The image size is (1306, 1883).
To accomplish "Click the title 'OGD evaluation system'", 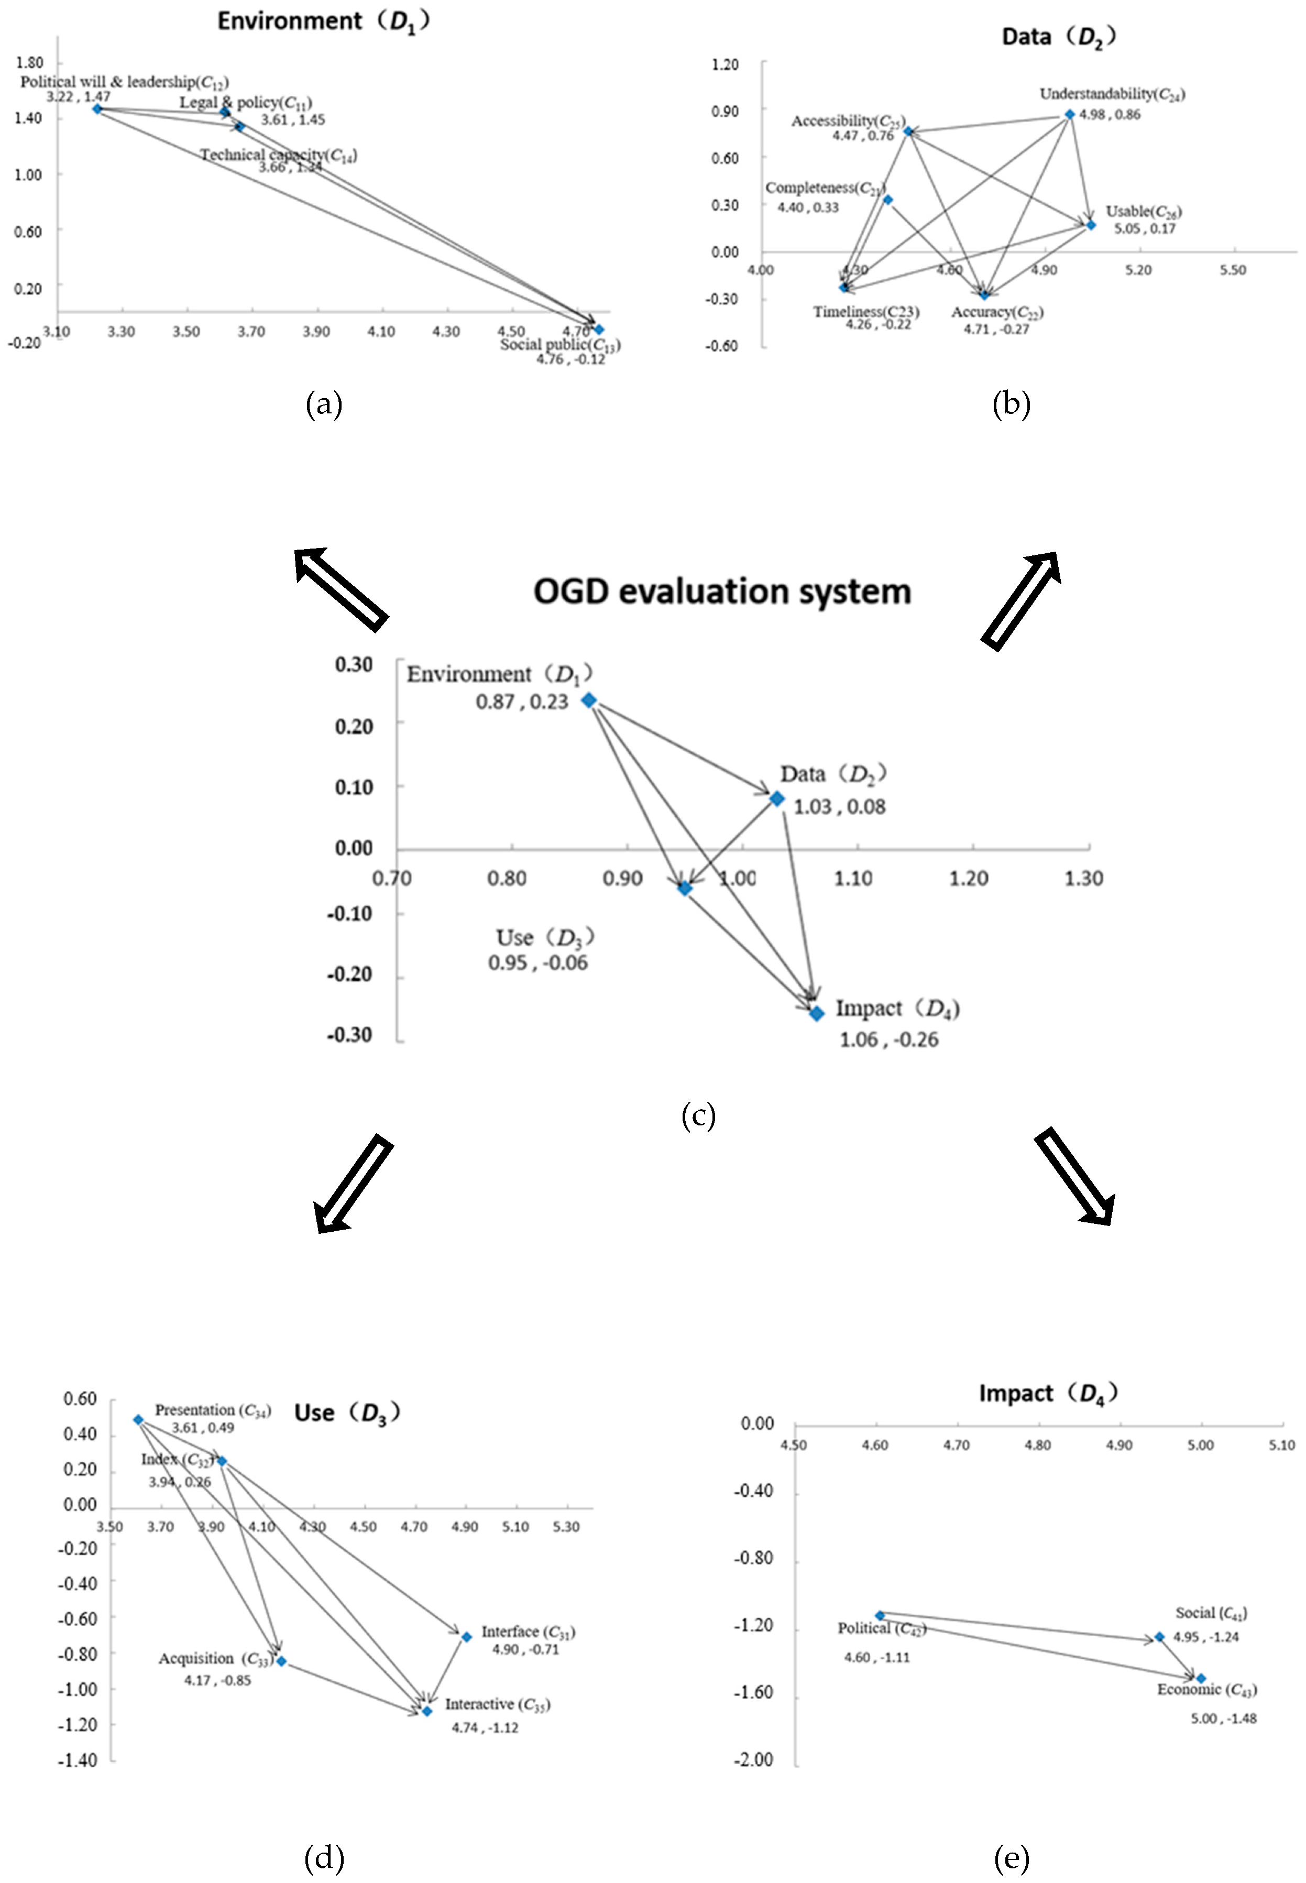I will pyautogui.click(x=722, y=591).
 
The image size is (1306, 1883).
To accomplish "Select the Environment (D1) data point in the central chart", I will pyautogui.click(x=588, y=700).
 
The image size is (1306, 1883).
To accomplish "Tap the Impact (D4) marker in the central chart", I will pyautogui.click(x=817, y=1013).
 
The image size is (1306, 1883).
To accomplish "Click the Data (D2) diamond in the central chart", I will pyautogui.click(x=776, y=798).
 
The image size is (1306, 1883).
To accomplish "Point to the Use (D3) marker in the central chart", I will pyautogui.click(x=685, y=888).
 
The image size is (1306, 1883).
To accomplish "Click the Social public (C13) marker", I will pyautogui.click(x=599, y=329).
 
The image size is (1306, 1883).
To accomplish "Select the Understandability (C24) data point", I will pyautogui.click(x=1070, y=115).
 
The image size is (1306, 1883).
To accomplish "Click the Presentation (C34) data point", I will pyautogui.click(x=138, y=1420).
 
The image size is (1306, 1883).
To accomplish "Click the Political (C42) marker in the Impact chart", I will pyautogui.click(x=880, y=1615).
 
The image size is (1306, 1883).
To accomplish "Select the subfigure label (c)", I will pyautogui.click(x=698, y=1116).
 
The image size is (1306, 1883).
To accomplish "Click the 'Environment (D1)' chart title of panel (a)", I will pyautogui.click(x=323, y=20).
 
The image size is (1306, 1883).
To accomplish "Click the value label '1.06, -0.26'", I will pyautogui.click(x=888, y=1039).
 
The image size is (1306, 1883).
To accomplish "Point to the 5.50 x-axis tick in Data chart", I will pyautogui.click(x=1232, y=270).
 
